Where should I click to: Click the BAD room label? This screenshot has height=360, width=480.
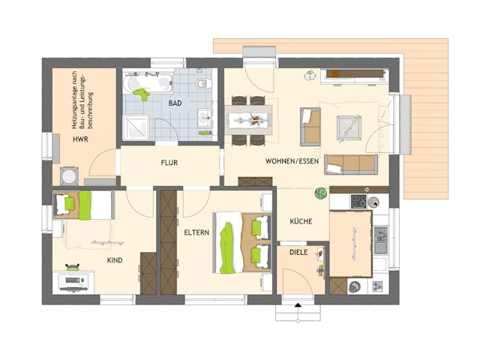click(x=175, y=103)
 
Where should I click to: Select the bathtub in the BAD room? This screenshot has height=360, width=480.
click(x=148, y=82)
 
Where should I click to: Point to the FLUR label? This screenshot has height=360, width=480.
click(x=169, y=162)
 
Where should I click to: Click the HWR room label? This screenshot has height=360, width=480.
click(x=80, y=140)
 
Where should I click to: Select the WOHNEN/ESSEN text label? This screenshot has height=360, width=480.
click(x=289, y=162)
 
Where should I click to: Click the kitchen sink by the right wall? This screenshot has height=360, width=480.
click(x=380, y=238)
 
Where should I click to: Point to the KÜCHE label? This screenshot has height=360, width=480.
click(x=301, y=222)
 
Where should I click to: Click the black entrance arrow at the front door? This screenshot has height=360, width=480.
click(x=298, y=305)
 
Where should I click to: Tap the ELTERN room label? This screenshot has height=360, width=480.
click(x=196, y=234)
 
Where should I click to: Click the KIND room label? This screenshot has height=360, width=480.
click(x=115, y=260)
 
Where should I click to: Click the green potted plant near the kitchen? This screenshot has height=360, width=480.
click(x=320, y=193)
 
